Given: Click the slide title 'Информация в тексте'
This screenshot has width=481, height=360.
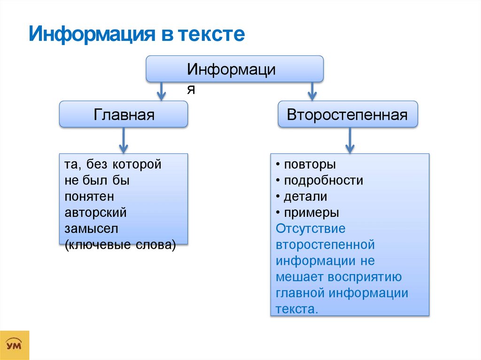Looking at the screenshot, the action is pyautogui.click(x=137, y=35).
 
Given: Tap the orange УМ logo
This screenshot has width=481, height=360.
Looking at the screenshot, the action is pyautogui.click(x=15, y=345).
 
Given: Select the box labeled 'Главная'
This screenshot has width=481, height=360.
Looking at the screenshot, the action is pyautogui.click(x=124, y=115).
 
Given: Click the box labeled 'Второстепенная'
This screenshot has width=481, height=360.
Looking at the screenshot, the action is pyautogui.click(x=347, y=115).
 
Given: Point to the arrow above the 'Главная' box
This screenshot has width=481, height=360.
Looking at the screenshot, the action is pyautogui.click(x=161, y=91).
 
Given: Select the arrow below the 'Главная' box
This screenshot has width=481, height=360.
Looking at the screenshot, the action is pyautogui.click(x=124, y=140).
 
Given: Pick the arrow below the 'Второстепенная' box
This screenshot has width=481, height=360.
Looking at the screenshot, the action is pyautogui.click(x=349, y=140).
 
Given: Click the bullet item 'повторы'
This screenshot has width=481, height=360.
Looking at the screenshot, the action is pyautogui.click(x=308, y=165).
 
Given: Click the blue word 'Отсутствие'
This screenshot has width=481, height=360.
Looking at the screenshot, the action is pyautogui.click(x=311, y=229).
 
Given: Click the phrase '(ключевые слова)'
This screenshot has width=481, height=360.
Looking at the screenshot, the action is pyautogui.click(x=121, y=245).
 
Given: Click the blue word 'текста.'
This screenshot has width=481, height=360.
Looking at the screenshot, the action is pyautogui.click(x=297, y=309).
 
